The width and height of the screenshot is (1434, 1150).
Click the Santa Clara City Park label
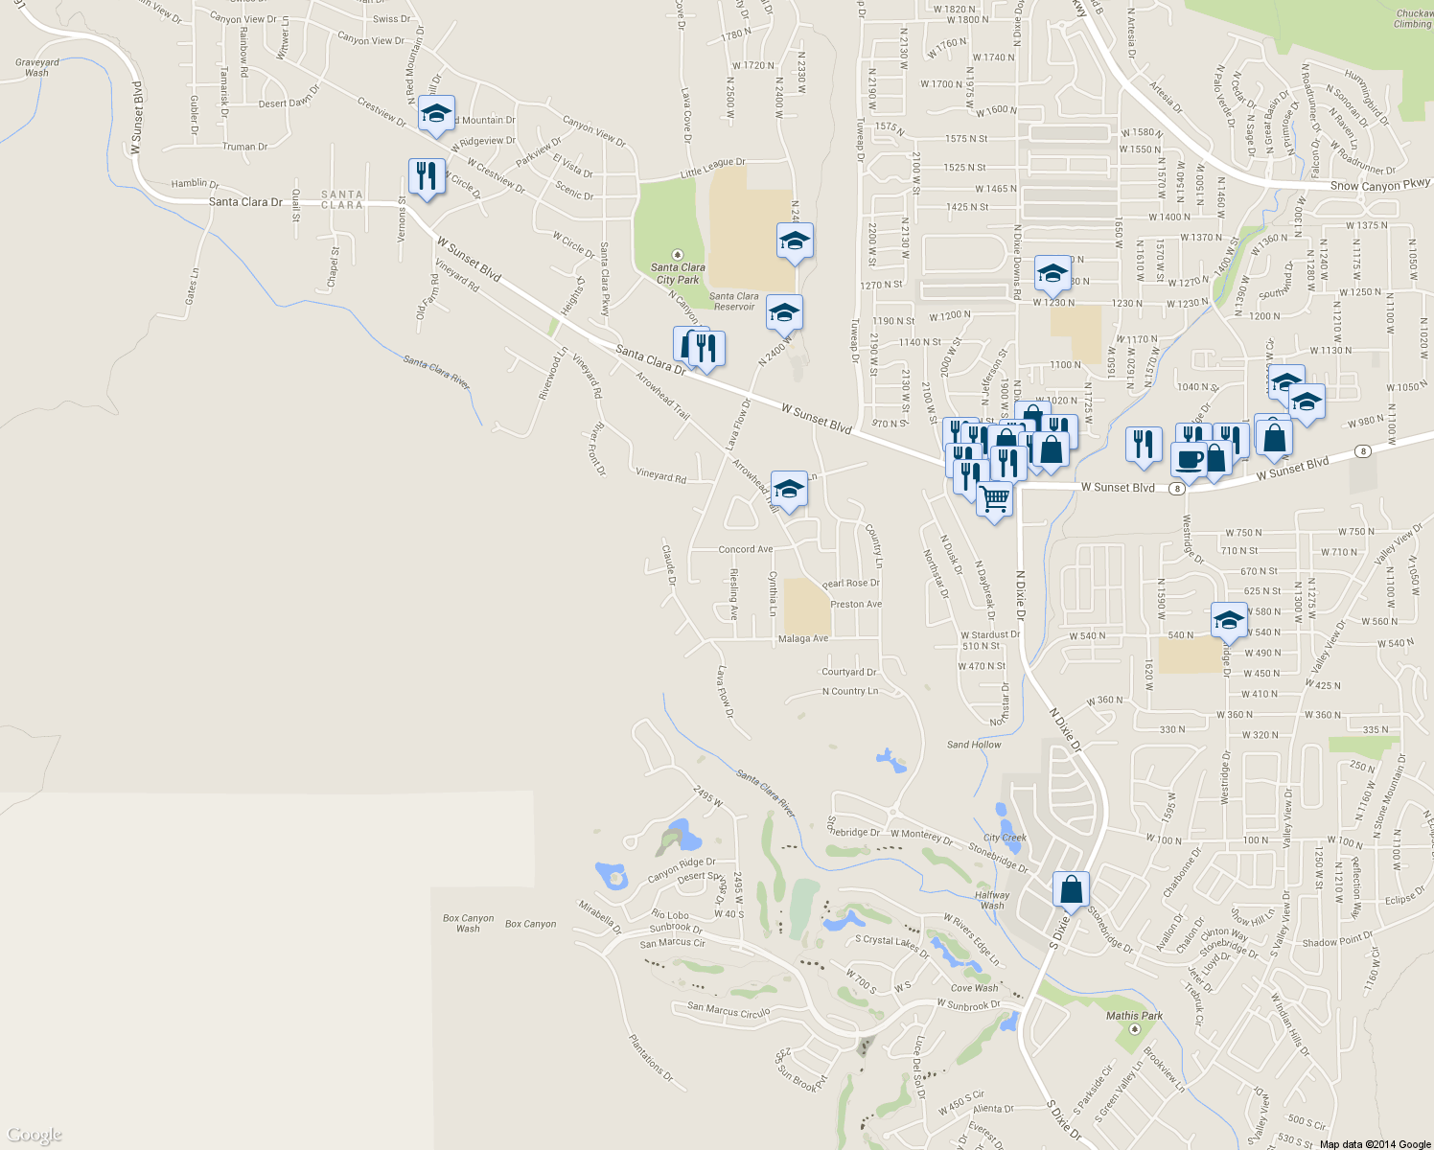coord(679,273)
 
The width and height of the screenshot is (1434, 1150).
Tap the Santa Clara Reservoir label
coord(734,301)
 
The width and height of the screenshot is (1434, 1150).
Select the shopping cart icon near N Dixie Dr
coord(994,498)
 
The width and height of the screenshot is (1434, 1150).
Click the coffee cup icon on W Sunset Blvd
coord(1189,459)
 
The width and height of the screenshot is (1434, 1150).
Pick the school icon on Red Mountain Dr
coord(436,114)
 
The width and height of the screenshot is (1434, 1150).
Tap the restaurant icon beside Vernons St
coord(426,176)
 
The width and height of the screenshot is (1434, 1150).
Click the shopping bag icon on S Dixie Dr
coord(1071,890)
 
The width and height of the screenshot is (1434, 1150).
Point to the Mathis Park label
coord(1134,1016)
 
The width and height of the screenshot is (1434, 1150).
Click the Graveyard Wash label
coord(37,67)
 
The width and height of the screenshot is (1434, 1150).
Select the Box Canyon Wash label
coord(468,923)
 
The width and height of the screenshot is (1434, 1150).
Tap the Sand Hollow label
coord(974,745)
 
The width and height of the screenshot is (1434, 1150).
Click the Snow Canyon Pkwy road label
coord(1379,184)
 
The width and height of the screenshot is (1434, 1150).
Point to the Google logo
coord(34,1136)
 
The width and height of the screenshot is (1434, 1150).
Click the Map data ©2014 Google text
coord(1375,1144)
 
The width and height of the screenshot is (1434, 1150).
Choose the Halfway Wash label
coord(992,900)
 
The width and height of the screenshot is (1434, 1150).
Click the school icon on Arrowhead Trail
coord(789,489)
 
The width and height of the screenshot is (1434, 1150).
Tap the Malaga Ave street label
coord(803,638)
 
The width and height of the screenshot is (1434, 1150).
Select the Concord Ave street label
coord(746,549)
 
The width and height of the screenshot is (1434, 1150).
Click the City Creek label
coord(1005,838)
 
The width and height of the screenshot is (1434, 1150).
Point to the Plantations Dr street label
coord(651,1057)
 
